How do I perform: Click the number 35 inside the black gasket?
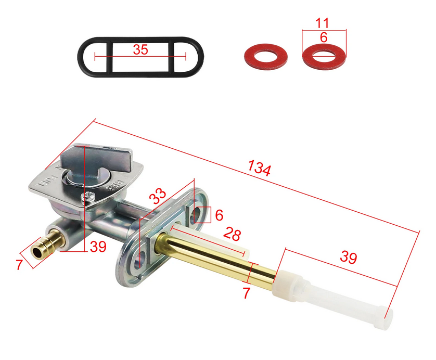140,50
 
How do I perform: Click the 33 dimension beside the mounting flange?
158,197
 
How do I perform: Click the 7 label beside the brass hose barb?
19,265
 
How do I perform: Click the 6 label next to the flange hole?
219,214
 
